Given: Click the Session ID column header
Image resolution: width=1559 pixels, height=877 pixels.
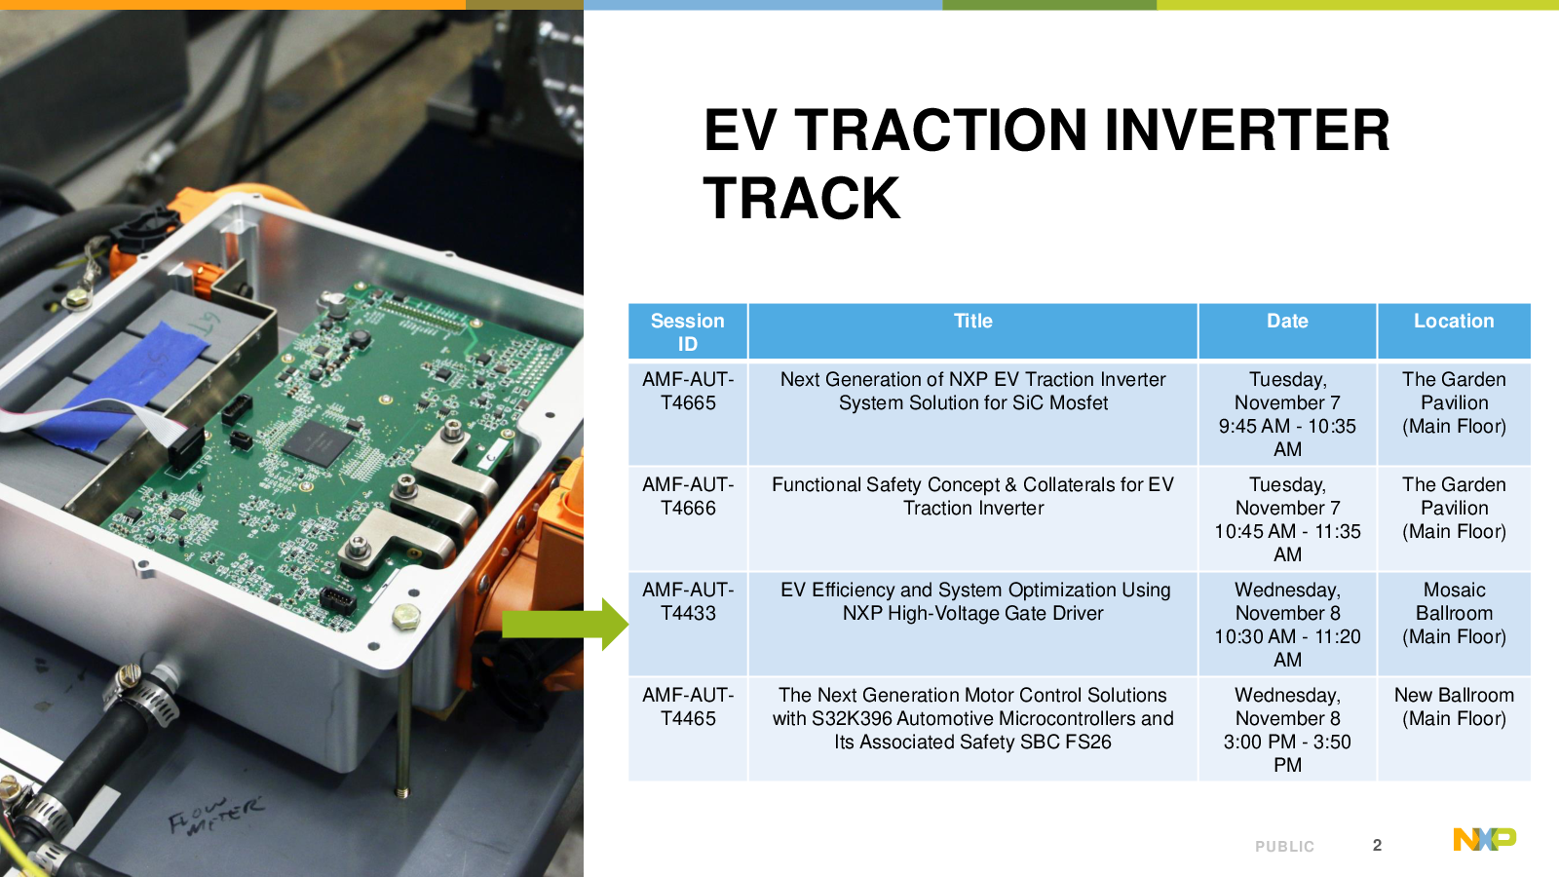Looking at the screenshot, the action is coord(688,332).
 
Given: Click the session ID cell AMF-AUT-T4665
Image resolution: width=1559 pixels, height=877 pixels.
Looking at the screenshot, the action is coord(688,391).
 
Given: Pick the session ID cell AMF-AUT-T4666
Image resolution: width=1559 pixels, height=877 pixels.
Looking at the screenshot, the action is coord(688,496).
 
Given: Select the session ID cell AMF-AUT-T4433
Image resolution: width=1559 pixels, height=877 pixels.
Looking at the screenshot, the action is coord(688,601).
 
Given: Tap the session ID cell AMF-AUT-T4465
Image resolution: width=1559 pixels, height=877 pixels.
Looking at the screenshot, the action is coord(688,706).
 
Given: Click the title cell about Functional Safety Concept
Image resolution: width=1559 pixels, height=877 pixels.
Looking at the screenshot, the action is coord(973,496).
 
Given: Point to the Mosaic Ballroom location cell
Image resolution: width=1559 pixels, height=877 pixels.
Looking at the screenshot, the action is coord(1454,613).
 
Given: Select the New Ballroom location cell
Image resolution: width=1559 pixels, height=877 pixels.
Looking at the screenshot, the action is coord(1454,706).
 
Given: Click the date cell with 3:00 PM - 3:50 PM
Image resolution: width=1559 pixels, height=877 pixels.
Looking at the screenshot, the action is coord(1287,730).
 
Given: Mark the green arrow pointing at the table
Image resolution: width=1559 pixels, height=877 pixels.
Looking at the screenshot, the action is coord(565,625).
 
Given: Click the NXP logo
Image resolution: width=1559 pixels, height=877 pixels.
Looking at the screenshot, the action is coord(1484,839).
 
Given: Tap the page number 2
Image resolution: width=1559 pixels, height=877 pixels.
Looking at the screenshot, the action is coord(1377,845).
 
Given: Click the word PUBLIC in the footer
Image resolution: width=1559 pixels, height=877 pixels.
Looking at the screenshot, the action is coord(1285,847).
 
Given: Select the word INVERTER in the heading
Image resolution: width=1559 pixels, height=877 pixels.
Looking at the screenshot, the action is coord(1247,131).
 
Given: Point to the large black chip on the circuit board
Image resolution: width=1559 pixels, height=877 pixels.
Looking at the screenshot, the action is coord(318,442).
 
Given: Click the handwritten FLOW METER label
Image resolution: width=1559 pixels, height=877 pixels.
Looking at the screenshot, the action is coord(215,816).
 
